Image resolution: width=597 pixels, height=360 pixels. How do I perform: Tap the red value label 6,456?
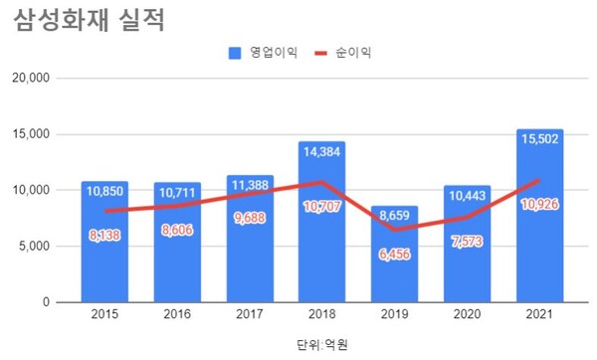pyautogui.click(x=395, y=256)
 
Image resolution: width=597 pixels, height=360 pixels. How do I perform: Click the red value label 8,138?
pyautogui.click(x=104, y=237)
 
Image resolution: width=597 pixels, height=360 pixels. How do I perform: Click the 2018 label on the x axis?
pyautogui.click(x=322, y=317)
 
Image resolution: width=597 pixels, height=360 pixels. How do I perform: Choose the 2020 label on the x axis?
pyautogui.click(x=468, y=317)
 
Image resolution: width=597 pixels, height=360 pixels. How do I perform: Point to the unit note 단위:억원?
pyautogui.click(x=322, y=344)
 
